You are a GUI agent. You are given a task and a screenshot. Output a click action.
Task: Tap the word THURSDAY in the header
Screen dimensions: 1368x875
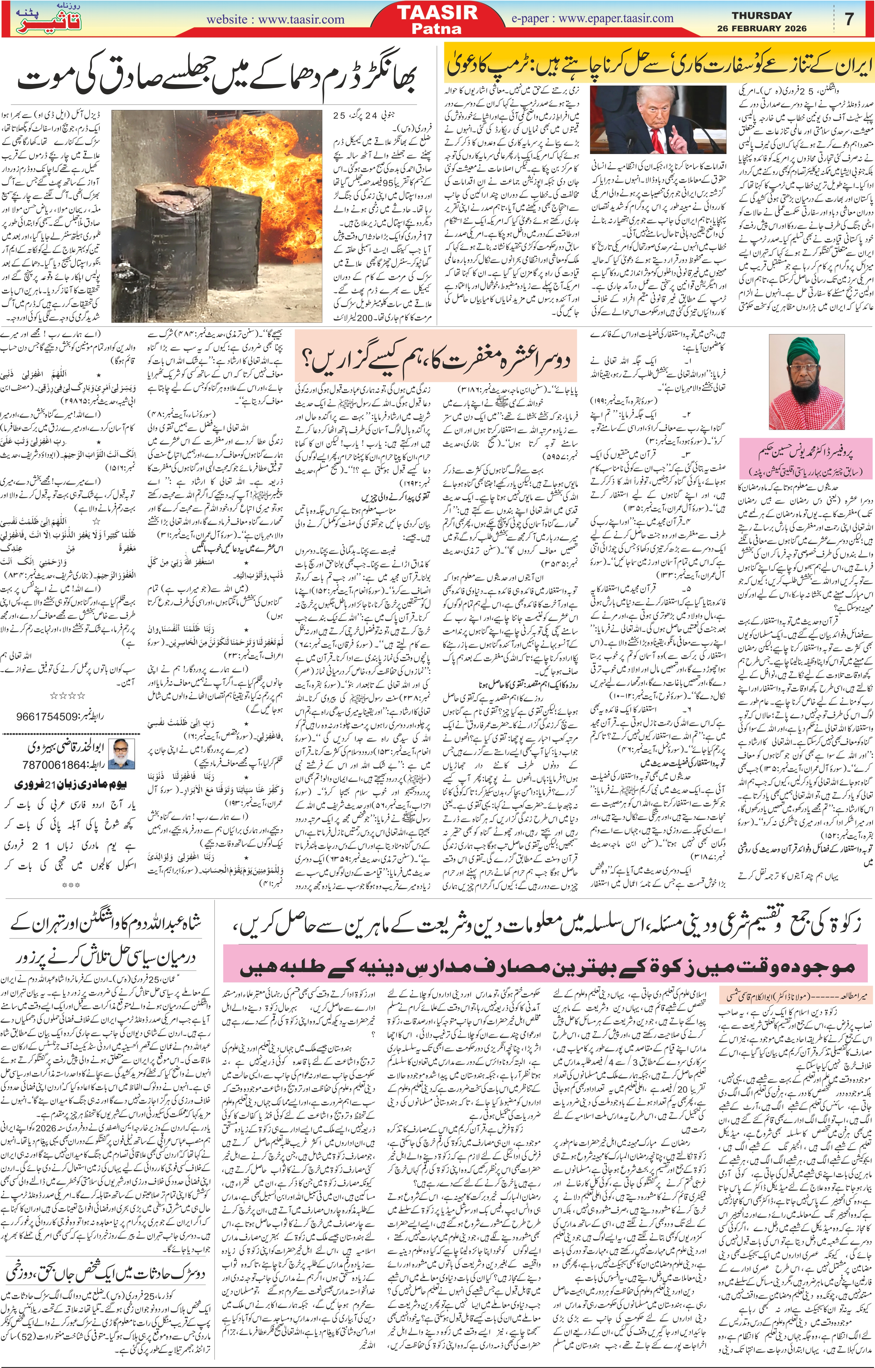pyautogui.click(x=761, y=15)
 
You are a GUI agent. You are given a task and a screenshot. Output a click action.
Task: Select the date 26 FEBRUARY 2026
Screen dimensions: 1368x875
pyautogui.click(x=761, y=28)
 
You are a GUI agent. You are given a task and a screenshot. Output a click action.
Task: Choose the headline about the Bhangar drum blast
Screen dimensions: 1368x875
pyautogui.click(x=216, y=80)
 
